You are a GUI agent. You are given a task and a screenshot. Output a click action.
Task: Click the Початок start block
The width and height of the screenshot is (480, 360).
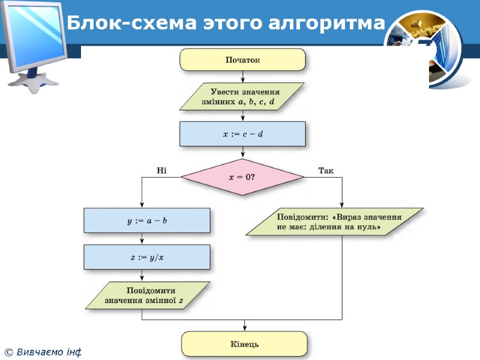tap(242, 60)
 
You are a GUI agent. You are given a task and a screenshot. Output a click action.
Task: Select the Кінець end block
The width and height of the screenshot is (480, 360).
tap(244, 344)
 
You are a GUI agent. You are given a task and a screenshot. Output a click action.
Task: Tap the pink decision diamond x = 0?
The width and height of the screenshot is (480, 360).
tap(242, 177)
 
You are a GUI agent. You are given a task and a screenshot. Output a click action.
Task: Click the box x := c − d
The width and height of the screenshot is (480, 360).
tap(242, 134)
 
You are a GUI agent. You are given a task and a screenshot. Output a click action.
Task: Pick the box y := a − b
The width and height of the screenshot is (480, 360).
tap(147, 220)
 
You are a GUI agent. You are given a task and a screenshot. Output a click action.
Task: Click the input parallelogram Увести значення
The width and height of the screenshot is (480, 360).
tap(242, 97)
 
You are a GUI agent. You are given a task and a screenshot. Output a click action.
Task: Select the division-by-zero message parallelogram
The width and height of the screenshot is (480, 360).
tap(335, 221)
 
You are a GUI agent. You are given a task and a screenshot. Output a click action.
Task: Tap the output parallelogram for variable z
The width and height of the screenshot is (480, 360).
tap(147, 296)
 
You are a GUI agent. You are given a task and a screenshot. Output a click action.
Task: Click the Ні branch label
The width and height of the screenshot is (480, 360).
tap(161, 171)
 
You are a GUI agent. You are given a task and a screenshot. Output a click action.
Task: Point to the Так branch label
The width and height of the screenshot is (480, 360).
tap(325, 171)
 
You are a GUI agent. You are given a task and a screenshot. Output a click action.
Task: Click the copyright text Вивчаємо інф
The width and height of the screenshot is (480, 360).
tap(43, 352)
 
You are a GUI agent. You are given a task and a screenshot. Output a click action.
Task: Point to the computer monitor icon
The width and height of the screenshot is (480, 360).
tap(36, 42)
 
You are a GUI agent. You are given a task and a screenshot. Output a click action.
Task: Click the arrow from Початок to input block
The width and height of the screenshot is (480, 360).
tap(242, 77)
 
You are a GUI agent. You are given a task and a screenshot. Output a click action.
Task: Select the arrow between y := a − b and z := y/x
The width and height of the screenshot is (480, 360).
tap(142, 239)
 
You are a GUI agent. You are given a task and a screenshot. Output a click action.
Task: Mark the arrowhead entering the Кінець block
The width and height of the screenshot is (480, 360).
tap(244, 329)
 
